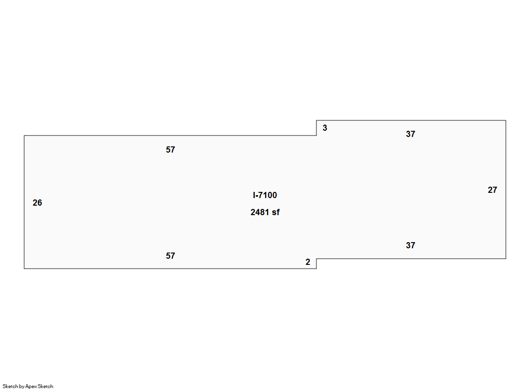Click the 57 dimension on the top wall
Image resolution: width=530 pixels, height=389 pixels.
[171, 150]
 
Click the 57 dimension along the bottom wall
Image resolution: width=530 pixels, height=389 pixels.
[171, 256]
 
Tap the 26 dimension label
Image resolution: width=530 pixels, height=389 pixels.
[37, 203]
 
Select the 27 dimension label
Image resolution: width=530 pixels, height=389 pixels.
[493, 190]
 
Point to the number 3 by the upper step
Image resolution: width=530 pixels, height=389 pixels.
[325, 128]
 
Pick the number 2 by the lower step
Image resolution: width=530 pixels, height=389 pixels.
[307, 262]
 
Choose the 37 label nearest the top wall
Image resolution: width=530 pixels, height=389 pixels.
[410, 134]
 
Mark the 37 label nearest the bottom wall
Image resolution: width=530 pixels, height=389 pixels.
[410, 245]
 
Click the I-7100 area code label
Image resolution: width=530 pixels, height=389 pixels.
[265, 195]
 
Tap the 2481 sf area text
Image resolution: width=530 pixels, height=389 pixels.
[265, 212]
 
